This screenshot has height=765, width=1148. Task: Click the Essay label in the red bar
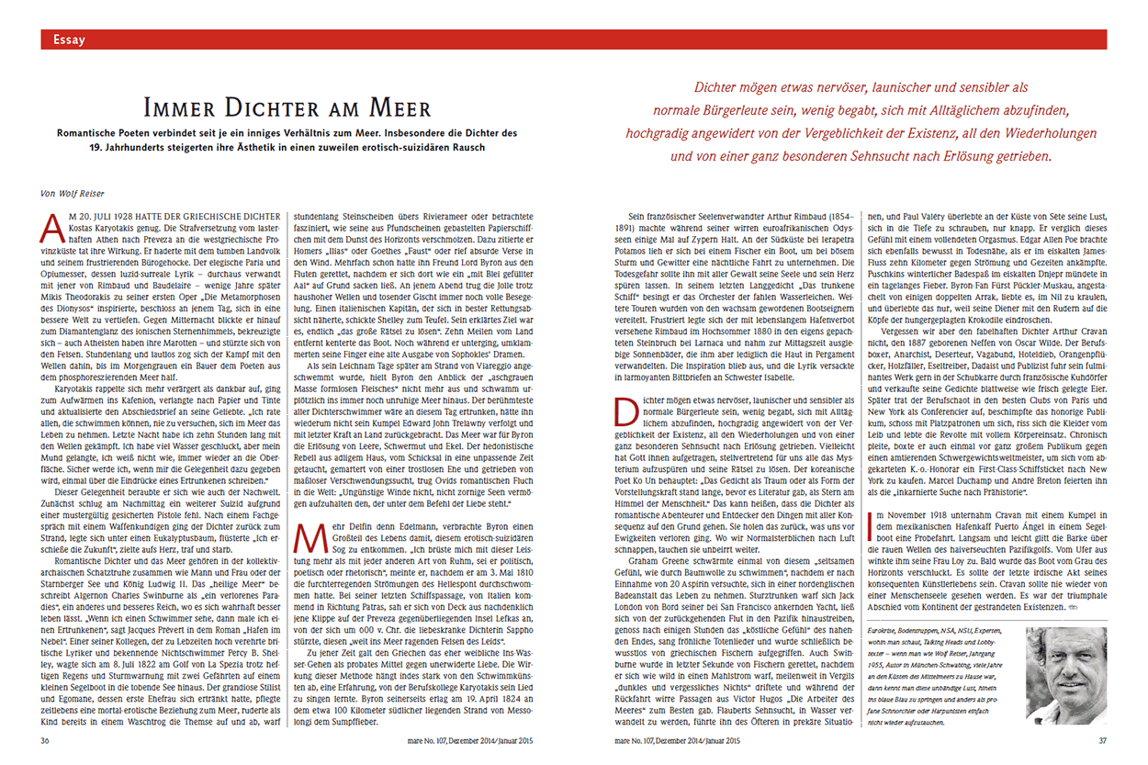point(70,39)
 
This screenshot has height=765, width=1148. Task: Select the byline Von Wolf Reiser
point(72,193)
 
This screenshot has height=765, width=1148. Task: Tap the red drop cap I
point(870,523)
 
